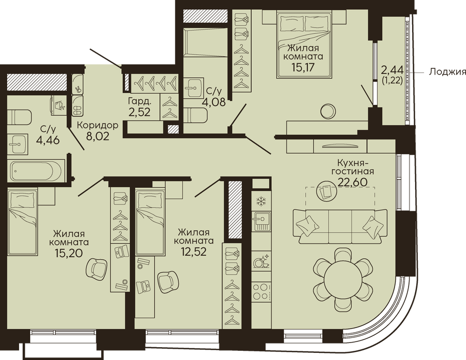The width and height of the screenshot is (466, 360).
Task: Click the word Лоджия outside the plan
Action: click(447, 73)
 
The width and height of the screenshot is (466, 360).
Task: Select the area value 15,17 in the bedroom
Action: click(303, 66)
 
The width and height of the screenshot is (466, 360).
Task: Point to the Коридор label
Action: click(98, 125)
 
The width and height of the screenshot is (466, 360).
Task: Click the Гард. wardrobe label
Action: click(139, 101)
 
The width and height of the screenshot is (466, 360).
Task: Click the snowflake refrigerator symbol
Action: click(261, 202)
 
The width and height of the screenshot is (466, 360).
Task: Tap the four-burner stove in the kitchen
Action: click(261, 292)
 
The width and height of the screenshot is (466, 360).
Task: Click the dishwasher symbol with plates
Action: click(261, 261)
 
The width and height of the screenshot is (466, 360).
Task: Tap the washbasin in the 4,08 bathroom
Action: click(193, 88)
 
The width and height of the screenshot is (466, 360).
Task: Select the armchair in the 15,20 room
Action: click(96, 269)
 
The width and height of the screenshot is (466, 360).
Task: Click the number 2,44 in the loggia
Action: click(393, 70)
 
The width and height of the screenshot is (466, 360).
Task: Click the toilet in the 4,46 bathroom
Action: click(19, 117)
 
